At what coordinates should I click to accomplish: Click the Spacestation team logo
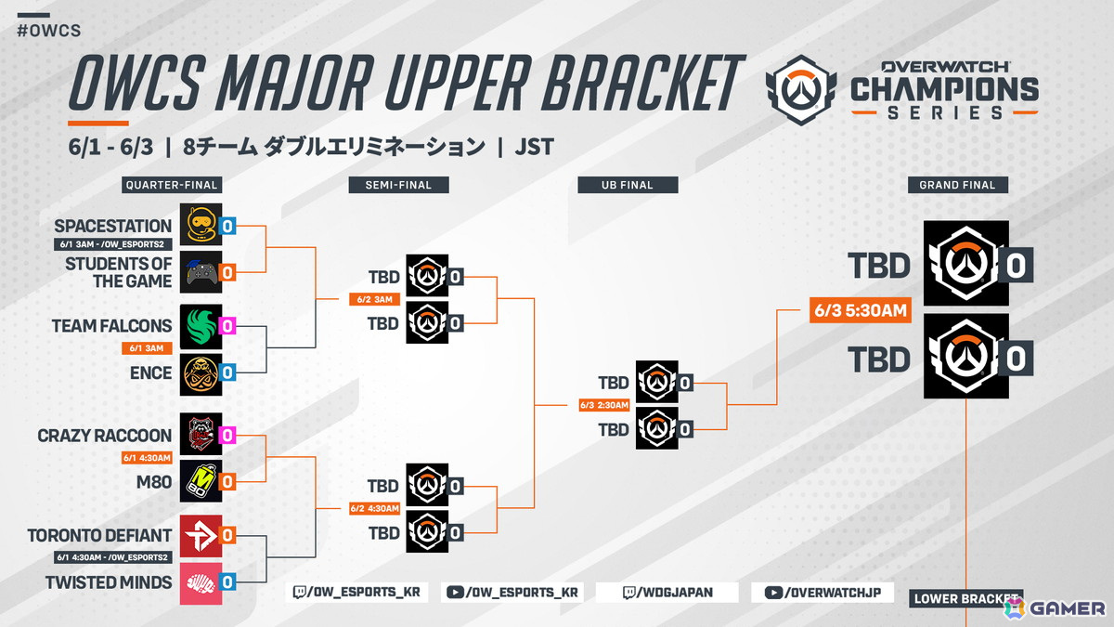click(201, 225)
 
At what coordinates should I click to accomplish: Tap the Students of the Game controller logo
click(201, 272)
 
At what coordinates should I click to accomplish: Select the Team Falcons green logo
click(201, 325)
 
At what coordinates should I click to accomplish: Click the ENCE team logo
click(201, 372)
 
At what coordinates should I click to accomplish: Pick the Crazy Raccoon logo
click(201, 435)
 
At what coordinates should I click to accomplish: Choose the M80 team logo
click(201, 481)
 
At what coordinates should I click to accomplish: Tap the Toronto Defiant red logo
click(201, 535)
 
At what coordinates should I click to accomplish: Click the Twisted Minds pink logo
click(201, 582)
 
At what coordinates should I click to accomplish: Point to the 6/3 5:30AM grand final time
click(860, 311)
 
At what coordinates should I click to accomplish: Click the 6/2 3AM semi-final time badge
click(375, 300)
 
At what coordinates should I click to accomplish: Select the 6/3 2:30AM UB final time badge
click(604, 405)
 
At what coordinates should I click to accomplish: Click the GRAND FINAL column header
click(957, 185)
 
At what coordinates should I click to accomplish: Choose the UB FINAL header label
click(627, 185)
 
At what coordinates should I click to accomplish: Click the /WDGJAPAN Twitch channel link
click(667, 593)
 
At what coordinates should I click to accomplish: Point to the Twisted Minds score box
click(227, 582)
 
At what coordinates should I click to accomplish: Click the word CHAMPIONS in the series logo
click(944, 89)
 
